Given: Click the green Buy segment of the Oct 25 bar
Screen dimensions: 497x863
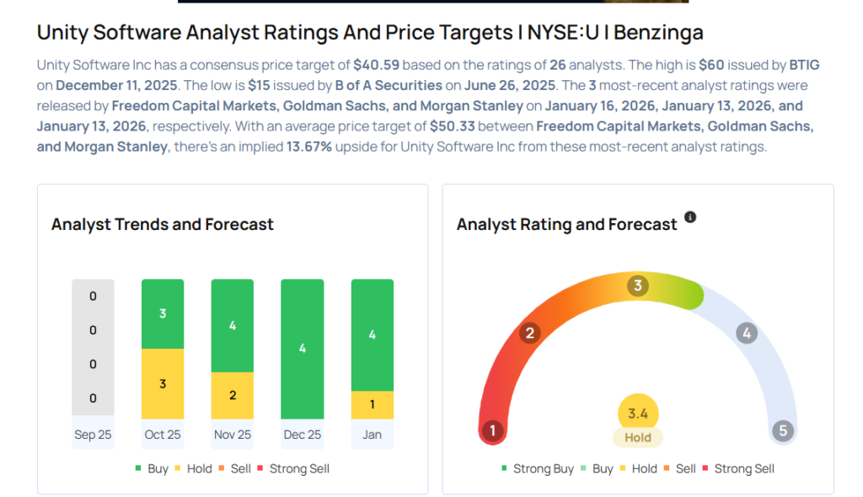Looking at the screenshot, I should point(163,313).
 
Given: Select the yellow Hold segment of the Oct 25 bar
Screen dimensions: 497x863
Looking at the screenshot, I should point(163,383).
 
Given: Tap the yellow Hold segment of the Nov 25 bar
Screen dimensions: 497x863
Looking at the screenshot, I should point(233,395).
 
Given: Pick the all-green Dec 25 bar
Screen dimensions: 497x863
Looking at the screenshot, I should point(302,348).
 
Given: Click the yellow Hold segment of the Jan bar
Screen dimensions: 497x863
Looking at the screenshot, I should point(372,404).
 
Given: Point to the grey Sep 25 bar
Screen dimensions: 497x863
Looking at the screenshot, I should point(93,347).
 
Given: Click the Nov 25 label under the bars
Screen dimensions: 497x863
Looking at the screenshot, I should point(232,435).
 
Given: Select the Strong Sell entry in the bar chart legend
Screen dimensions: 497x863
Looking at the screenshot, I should point(293,468).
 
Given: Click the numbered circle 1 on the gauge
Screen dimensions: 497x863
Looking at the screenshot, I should point(492,431).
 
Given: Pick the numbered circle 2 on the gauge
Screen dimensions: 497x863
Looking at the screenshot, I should point(529,334).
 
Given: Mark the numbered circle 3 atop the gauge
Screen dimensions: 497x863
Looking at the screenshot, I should point(638,286).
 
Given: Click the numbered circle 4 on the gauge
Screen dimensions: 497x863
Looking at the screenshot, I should point(746,334).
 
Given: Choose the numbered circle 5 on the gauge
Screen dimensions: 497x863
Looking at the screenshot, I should point(782,431).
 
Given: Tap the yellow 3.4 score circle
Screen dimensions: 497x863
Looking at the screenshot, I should point(638,413).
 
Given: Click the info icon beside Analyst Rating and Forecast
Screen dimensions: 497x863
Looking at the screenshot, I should point(690,217).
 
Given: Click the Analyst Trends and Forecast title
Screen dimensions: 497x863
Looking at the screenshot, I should point(163,224).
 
